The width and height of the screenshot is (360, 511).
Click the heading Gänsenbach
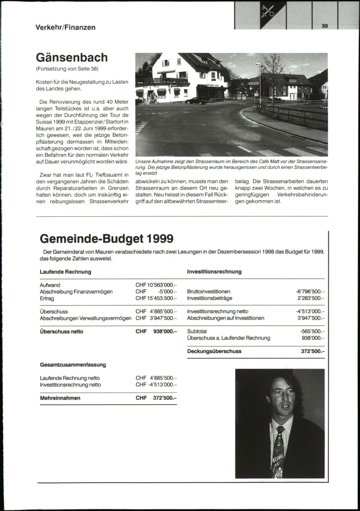point(72,57)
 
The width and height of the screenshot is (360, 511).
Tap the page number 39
point(325,26)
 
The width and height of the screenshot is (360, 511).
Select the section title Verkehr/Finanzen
point(65,27)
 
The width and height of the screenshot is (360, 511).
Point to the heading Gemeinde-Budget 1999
point(106,239)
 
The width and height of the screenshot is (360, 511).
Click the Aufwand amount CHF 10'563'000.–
point(156,285)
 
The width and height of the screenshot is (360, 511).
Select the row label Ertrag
point(47,298)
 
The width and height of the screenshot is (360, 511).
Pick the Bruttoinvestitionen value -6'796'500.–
point(310,291)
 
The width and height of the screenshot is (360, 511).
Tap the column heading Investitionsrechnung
point(214,272)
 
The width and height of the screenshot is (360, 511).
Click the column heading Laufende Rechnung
point(65,272)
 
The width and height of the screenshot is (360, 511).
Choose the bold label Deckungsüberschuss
point(214,351)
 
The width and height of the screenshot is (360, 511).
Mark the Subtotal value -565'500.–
point(312,331)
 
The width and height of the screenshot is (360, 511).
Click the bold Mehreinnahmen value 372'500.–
point(165,398)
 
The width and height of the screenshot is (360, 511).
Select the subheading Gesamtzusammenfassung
point(73,365)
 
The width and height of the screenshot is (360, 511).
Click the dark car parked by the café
point(196,101)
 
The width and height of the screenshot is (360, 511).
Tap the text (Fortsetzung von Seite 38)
point(67,69)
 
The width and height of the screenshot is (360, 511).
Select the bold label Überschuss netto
point(61,332)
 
